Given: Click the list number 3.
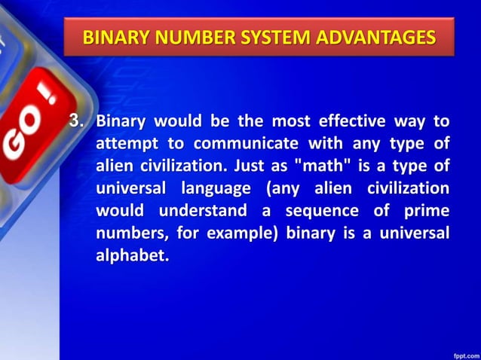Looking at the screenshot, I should pos(75,121).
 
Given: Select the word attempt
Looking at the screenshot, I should pos(122,143).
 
